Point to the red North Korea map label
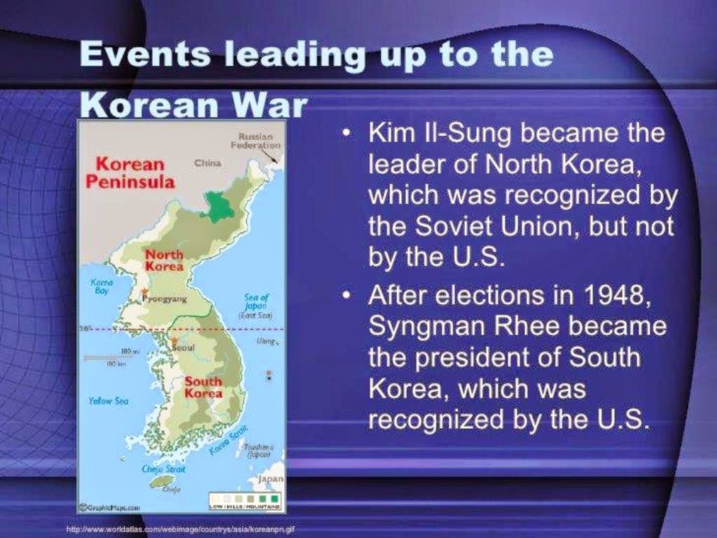point(164,261)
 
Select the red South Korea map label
point(202,387)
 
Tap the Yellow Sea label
point(109,401)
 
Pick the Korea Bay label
point(102,286)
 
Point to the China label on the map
point(207,163)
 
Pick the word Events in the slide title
point(136,54)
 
